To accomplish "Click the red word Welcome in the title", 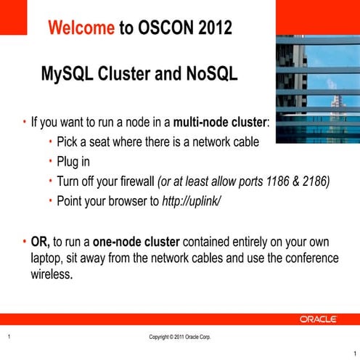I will point(81,28).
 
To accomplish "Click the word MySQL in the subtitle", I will point(71,75).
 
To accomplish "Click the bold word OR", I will point(40,241).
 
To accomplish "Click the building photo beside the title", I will point(317,80).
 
